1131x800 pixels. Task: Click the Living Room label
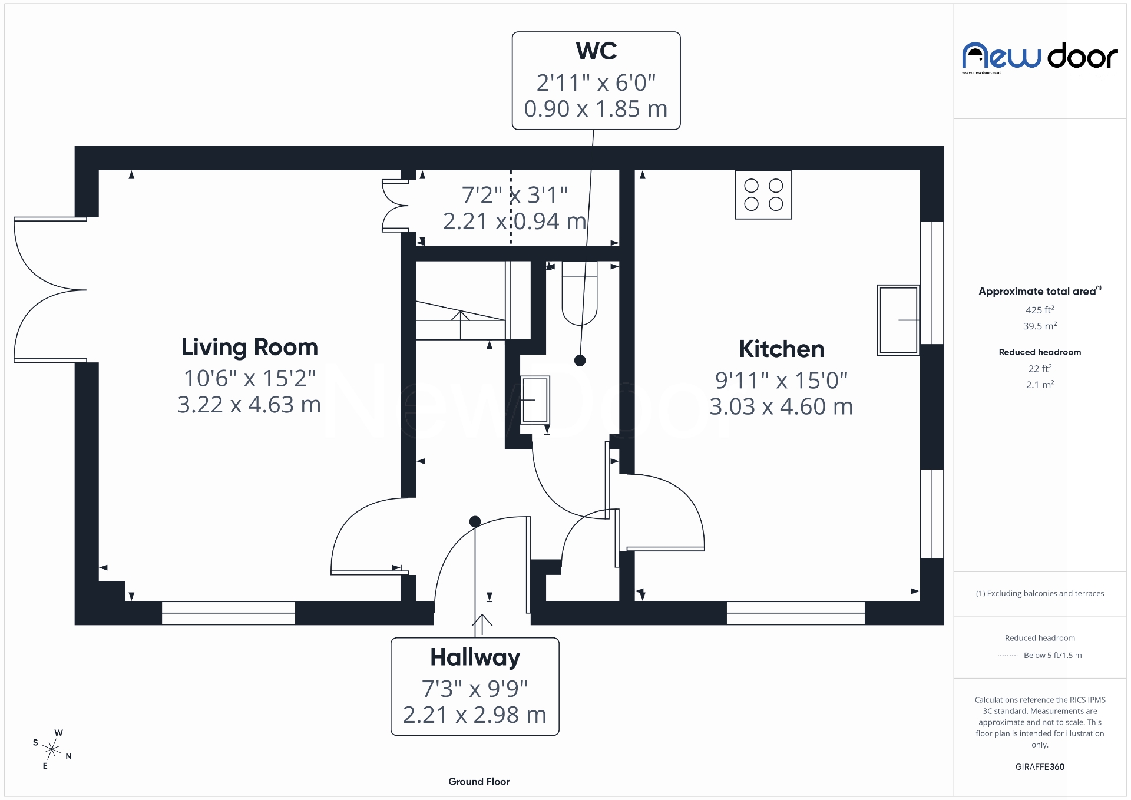pos(249,348)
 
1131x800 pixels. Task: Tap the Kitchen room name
pos(781,349)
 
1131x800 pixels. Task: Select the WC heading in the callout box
pos(596,51)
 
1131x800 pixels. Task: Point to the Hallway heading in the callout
pos(475,657)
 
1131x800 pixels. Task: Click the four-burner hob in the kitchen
pos(763,195)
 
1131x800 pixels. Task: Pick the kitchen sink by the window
pos(898,320)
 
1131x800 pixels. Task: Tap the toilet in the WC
pos(580,295)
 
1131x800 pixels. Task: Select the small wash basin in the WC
pos(535,400)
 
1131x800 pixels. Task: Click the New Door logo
pos(1040,57)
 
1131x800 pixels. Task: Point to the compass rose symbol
pos(52,749)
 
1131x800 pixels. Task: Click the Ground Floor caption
pos(479,782)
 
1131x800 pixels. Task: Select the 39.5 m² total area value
pos(1040,326)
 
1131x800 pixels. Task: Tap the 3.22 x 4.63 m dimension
pos(249,405)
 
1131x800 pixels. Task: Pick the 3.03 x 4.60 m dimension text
pos(781,407)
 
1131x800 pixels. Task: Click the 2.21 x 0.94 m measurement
pos(514,222)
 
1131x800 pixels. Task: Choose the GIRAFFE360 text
pos(1040,767)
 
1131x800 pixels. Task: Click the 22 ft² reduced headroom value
pos(1040,369)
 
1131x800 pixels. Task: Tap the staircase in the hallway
pos(460,321)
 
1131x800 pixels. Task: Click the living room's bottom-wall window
pos(229,613)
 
